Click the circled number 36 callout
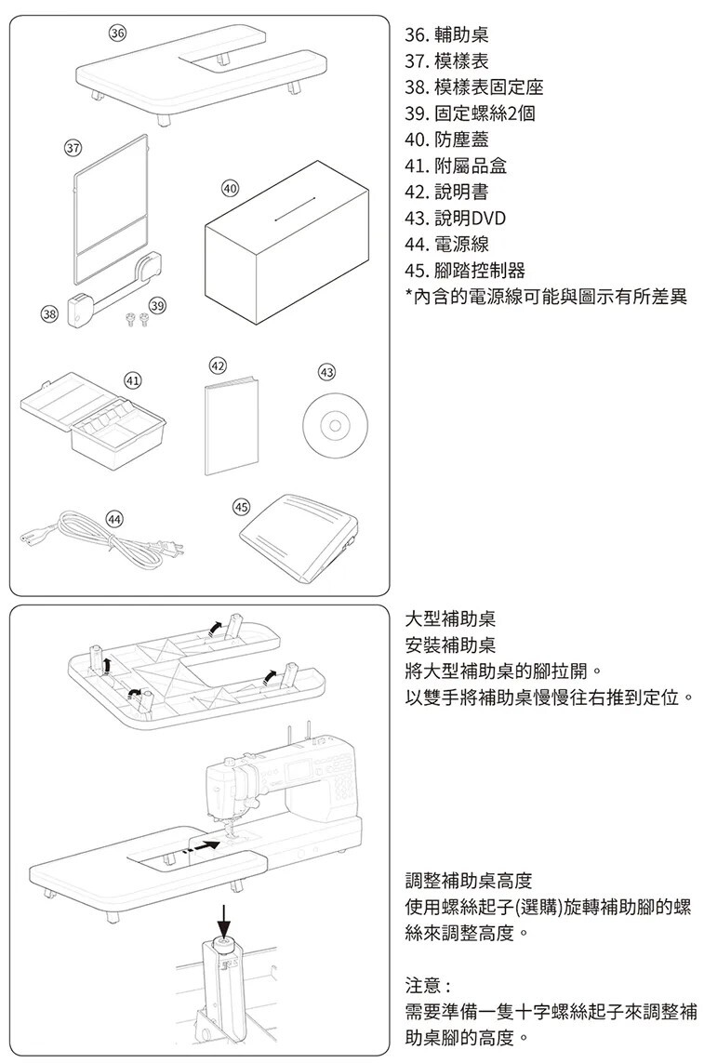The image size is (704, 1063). click(116, 33)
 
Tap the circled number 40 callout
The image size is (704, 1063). click(230, 189)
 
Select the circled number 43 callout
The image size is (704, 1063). click(326, 372)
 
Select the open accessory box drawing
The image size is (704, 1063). click(93, 419)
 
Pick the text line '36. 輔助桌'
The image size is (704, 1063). click(446, 37)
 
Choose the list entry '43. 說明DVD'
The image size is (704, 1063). click(456, 219)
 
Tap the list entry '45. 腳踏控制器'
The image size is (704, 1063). click(465, 271)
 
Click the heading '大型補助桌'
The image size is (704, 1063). click(451, 619)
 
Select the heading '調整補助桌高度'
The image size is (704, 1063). click(470, 880)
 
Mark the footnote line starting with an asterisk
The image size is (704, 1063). click(546, 297)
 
